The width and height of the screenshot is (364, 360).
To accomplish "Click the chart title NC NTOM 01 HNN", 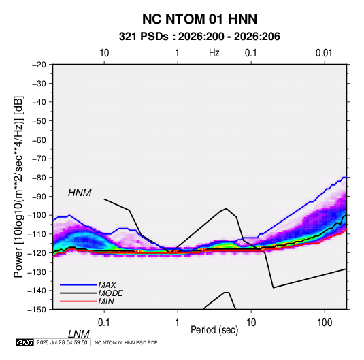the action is tap(199, 19).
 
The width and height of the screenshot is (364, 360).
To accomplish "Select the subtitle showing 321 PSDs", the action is tap(199, 37).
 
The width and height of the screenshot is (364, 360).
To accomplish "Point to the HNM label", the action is tap(80, 193).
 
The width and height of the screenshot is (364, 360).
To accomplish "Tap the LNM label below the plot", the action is tap(78, 334).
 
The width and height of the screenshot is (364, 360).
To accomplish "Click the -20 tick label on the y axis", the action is tap(39, 65).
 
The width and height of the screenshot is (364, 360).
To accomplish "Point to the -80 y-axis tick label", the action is tap(39, 178).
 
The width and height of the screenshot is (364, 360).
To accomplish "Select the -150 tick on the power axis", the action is tap(37, 310).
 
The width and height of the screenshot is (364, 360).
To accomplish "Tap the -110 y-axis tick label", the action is tap(37, 234).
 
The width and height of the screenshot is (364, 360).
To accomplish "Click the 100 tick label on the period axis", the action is tap(325, 323).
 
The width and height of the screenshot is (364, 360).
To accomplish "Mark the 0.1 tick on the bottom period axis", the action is tap(103, 323).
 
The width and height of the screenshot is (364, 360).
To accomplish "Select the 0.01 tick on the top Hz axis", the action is tap(324, 53).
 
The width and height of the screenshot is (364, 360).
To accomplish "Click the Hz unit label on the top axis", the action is tap(214, 53).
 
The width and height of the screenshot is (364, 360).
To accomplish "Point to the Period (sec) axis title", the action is tap(214, 330).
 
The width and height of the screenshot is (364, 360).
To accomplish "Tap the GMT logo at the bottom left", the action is tap(25, 342).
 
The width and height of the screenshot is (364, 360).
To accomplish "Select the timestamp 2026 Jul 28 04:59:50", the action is tap(62, 342).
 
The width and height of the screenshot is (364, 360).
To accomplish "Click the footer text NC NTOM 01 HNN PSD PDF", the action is tap(126, 342).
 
